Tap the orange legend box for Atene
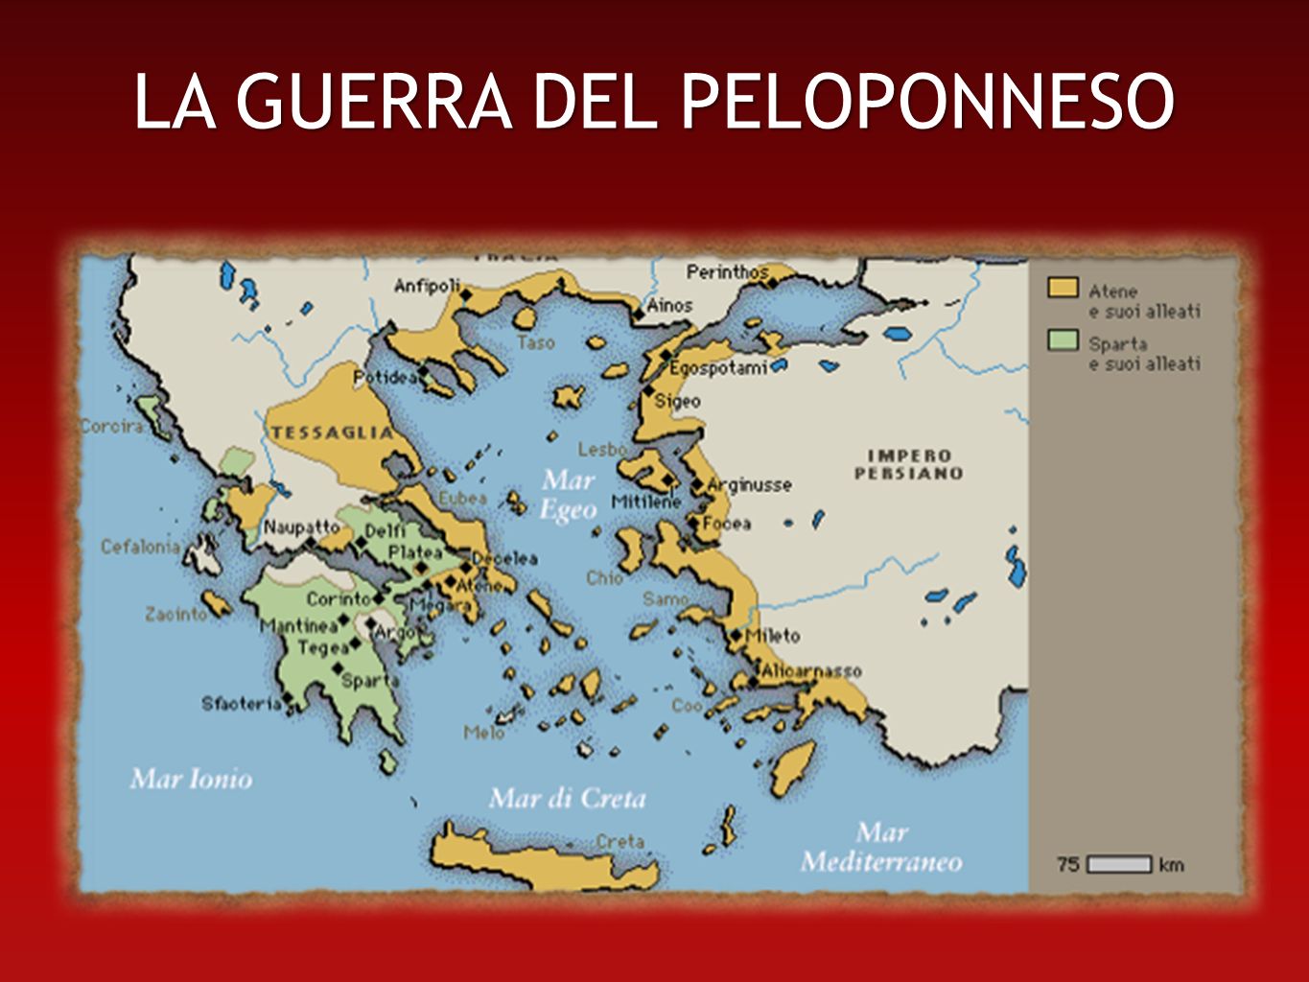click(1063, 288)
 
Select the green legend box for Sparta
click(1063, 340)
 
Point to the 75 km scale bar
click(1120, 864)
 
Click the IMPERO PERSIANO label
click(908, 464)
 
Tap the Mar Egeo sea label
click(569, 494)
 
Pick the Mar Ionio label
click(191, 778)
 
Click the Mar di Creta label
click(568, 798)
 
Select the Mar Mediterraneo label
click(881, 847)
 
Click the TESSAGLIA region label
click(332, 433)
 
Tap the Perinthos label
click(727, 272)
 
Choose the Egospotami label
click(718, 368)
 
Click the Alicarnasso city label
click(810, 671)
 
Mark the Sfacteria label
click(241, 704)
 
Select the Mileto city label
click(772, 635)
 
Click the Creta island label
click(619, 841)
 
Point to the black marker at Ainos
click(639, 313)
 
